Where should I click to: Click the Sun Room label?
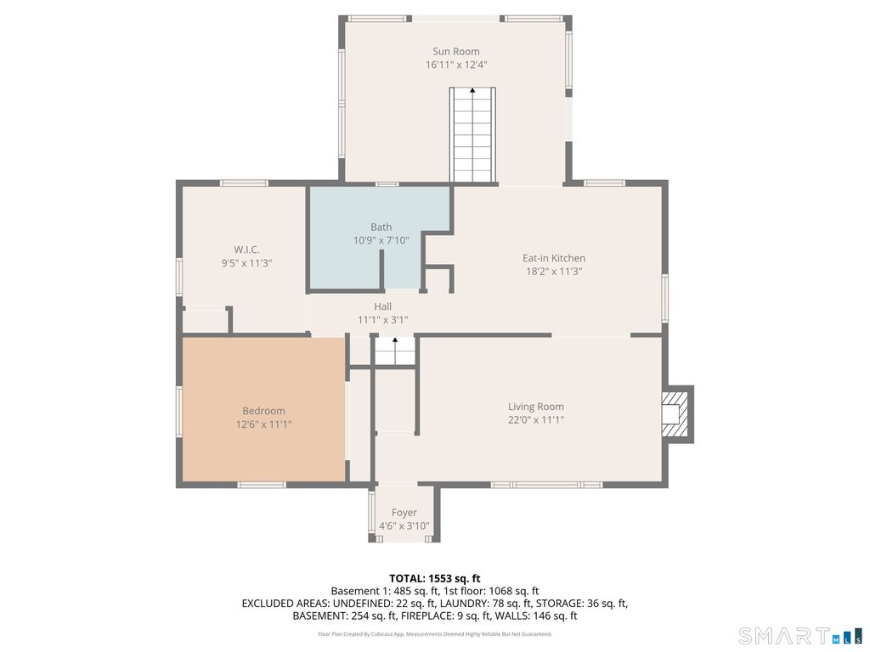456,52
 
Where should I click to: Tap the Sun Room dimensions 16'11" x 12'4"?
456,65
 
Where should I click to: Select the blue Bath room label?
381,227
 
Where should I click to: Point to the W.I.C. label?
246,250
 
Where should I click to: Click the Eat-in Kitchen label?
554,258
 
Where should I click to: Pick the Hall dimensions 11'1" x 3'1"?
383,320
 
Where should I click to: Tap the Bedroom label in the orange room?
263,411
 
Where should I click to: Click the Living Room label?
536,407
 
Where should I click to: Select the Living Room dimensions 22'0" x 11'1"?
536,419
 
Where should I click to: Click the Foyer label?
404,512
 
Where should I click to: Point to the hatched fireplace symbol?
677,413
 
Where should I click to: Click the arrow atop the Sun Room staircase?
472,90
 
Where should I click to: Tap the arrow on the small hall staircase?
395,340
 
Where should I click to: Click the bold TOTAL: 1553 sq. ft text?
434,579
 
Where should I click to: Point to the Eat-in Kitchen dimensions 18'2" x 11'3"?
554,271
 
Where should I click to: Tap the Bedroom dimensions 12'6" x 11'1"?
263,424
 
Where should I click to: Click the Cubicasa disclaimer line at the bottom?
435,633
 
